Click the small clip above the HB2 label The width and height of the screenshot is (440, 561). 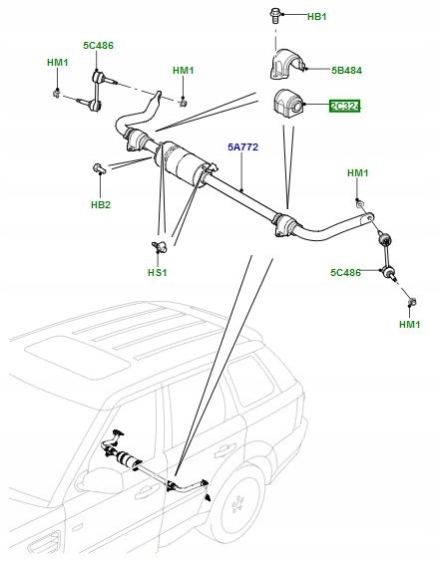(x=99, y=167)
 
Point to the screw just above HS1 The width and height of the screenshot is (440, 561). (x=157, y=243)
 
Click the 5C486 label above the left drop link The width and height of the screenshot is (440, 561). (x=99, y=45)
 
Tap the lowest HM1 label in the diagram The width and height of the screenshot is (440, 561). (x=409, y=325)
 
